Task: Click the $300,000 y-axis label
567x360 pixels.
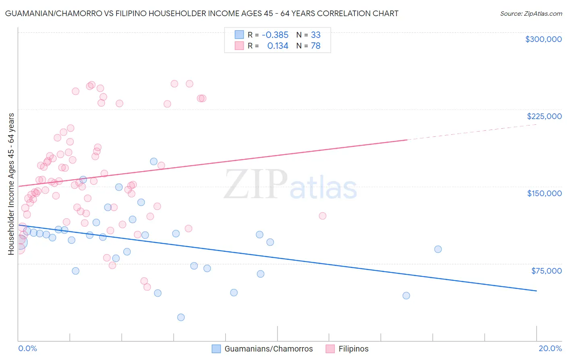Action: pos(543,39)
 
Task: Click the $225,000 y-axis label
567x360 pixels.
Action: pos(544,116)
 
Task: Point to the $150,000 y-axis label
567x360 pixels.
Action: pos(544,193)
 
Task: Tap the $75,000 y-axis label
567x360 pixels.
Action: pos(546,271)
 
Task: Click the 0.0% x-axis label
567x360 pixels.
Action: pos(27,348)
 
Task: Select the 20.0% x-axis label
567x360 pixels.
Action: pos(550,348)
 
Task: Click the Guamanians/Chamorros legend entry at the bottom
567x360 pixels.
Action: pos(263,349)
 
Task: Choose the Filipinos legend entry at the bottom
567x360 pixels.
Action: pos(347,349)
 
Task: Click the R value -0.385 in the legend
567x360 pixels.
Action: pos(275,35)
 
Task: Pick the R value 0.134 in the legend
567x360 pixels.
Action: pos(278,46)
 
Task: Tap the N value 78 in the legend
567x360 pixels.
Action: pos(316,46)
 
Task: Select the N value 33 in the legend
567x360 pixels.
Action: pos(316,35)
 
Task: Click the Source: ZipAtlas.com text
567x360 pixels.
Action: pos(531,14)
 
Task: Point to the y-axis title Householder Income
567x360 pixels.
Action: pos(11,184)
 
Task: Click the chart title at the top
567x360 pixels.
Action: pos(202,14)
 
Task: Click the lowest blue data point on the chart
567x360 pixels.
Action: pos(181,317)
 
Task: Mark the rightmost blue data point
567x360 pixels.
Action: pos(438,249)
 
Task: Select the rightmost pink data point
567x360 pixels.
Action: pos(323,216)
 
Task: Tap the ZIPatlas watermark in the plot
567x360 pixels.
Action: pos(290,185)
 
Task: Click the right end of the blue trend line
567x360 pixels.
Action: pos(536,291)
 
